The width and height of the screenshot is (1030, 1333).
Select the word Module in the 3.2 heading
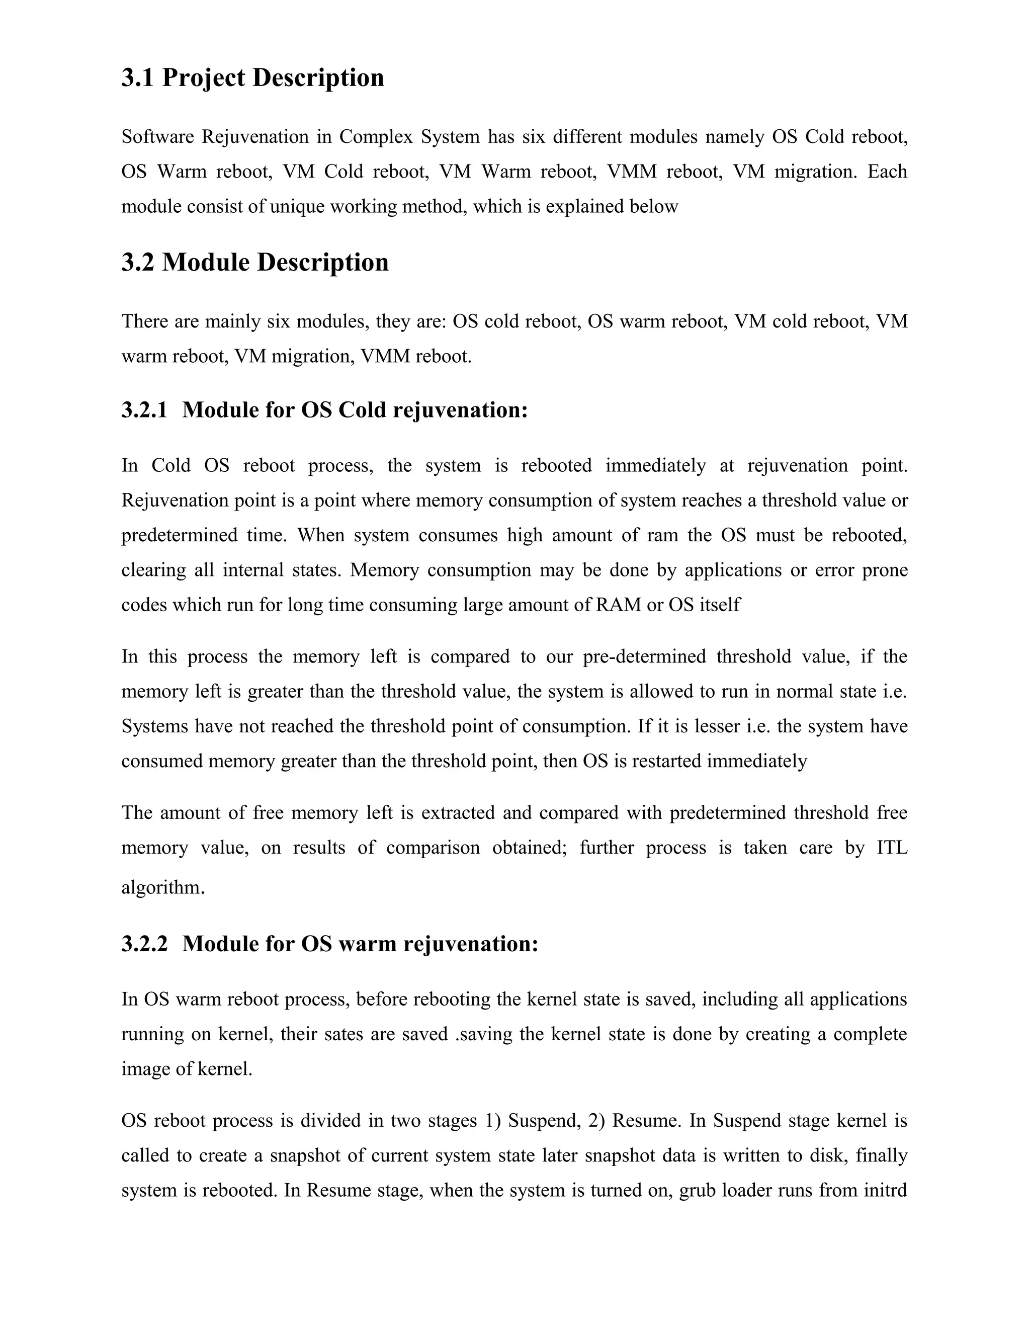[x=205, y=263]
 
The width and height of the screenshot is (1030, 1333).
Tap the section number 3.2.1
[x=144, y=409]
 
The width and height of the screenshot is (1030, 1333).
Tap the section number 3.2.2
[x=144, y=944]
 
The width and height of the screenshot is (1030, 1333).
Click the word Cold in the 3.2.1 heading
[x=363, y=409]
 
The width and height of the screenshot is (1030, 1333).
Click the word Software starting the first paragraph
[x=157, y=137]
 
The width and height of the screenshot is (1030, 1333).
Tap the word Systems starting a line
[x=154, y=726]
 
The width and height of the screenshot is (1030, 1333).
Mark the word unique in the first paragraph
[x=297, y=207]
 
